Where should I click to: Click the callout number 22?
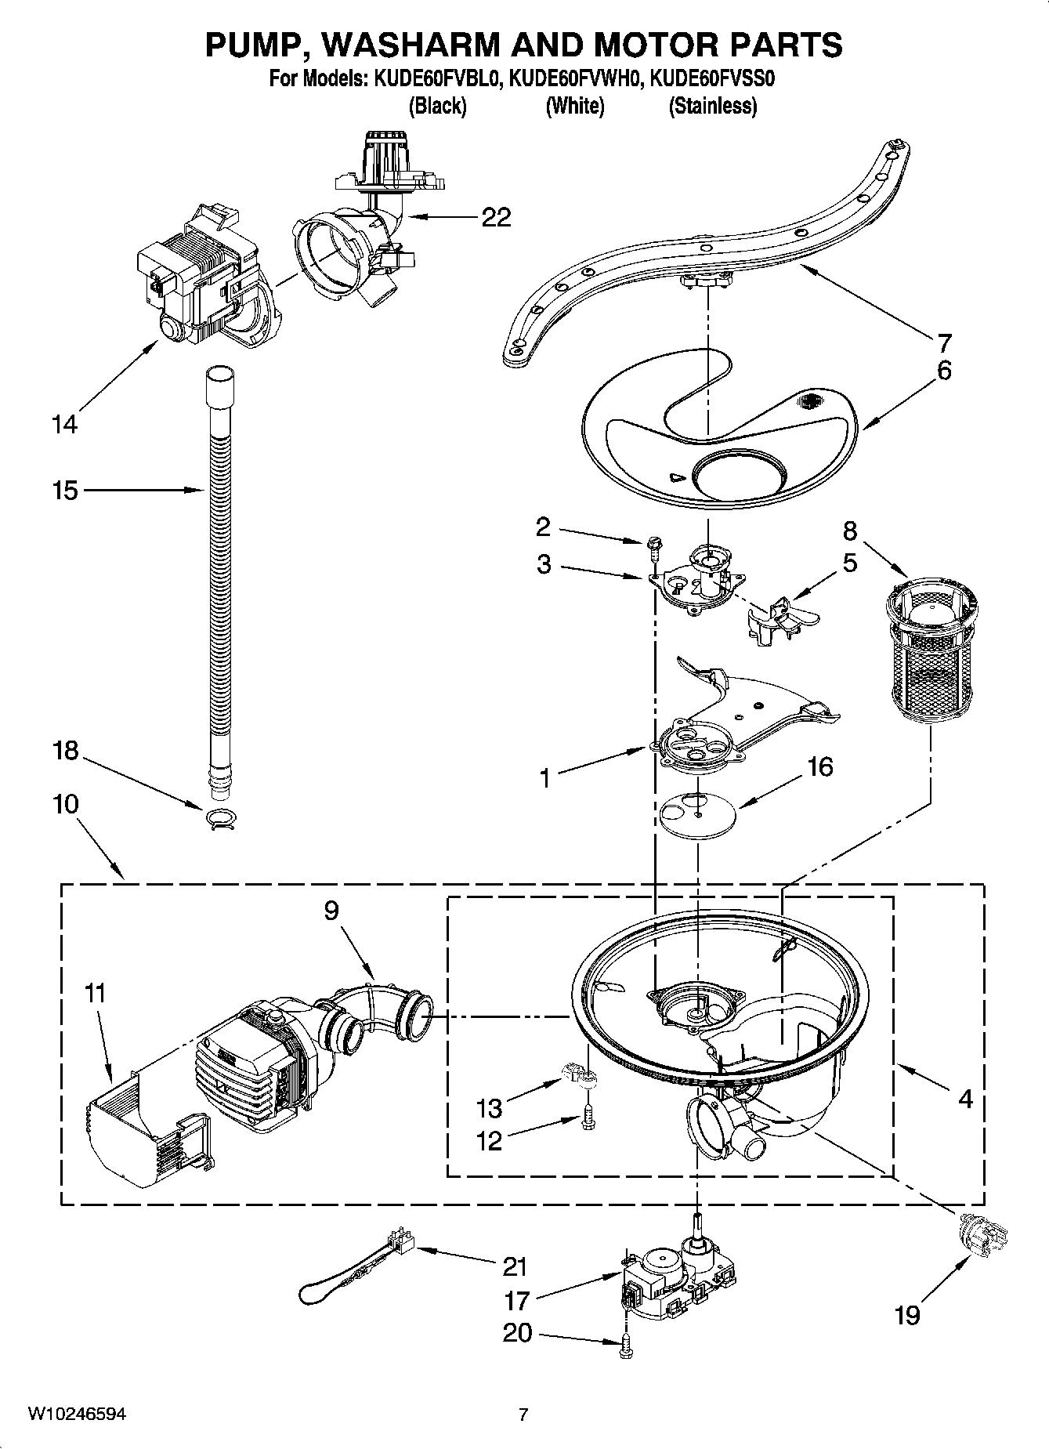(x=495, y=217)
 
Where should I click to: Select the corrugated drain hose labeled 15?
(x=220, y=564)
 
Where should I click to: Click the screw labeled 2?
(x=653, y=546)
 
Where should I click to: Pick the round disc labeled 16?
(x=697, y=816)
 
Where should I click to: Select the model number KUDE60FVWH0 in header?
(x=577, y=79)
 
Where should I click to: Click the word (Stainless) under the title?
(x=712, y=106)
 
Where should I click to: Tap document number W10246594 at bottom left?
(x=77, y=1414)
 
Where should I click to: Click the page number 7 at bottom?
(x=523, y=1415)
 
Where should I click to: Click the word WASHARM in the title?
(x=410, y=45)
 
